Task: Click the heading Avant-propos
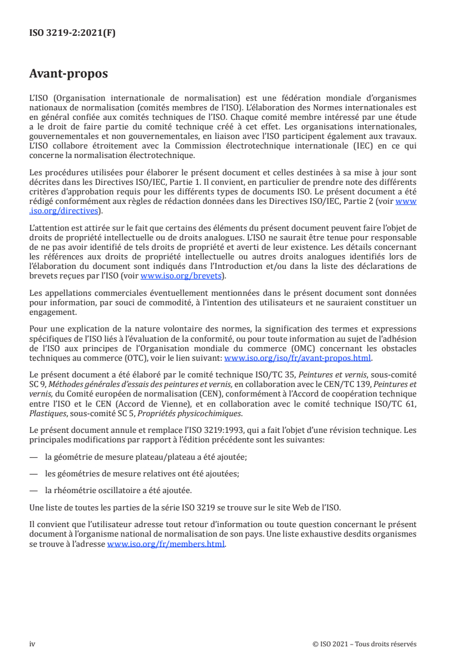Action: point(69,75)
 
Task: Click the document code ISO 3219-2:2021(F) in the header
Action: point(72,33)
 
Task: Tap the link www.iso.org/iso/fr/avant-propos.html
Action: point(297,358)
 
